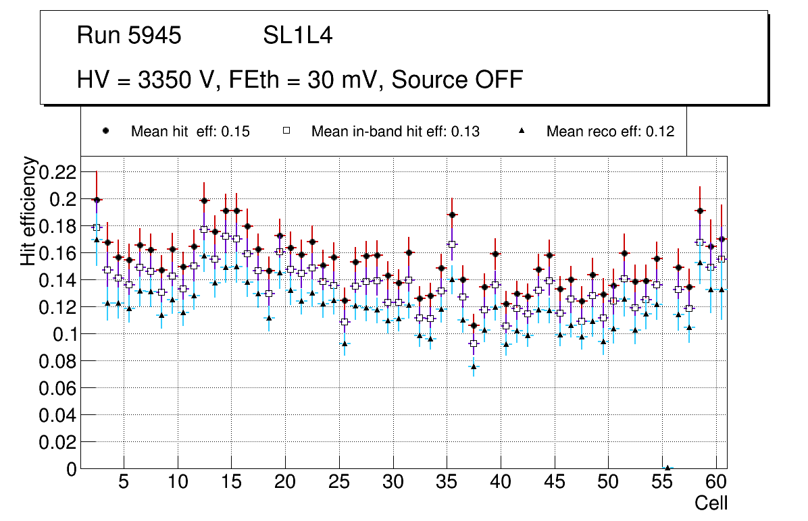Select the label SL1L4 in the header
[x=297, y=36]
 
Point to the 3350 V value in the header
[x=172, y=80]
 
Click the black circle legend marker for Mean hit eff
[x=105, y=131]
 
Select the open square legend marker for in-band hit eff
[x=286, y=131]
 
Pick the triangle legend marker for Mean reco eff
[x=521, y=131]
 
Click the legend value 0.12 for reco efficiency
[x=660, y=132]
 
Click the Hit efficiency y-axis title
[x=28, y=211]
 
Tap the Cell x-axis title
[x=711, y=503]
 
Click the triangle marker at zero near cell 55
[x=667, y=468]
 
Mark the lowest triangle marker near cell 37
[x=474, y=366]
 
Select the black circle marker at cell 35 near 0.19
[x=452, y=215]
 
